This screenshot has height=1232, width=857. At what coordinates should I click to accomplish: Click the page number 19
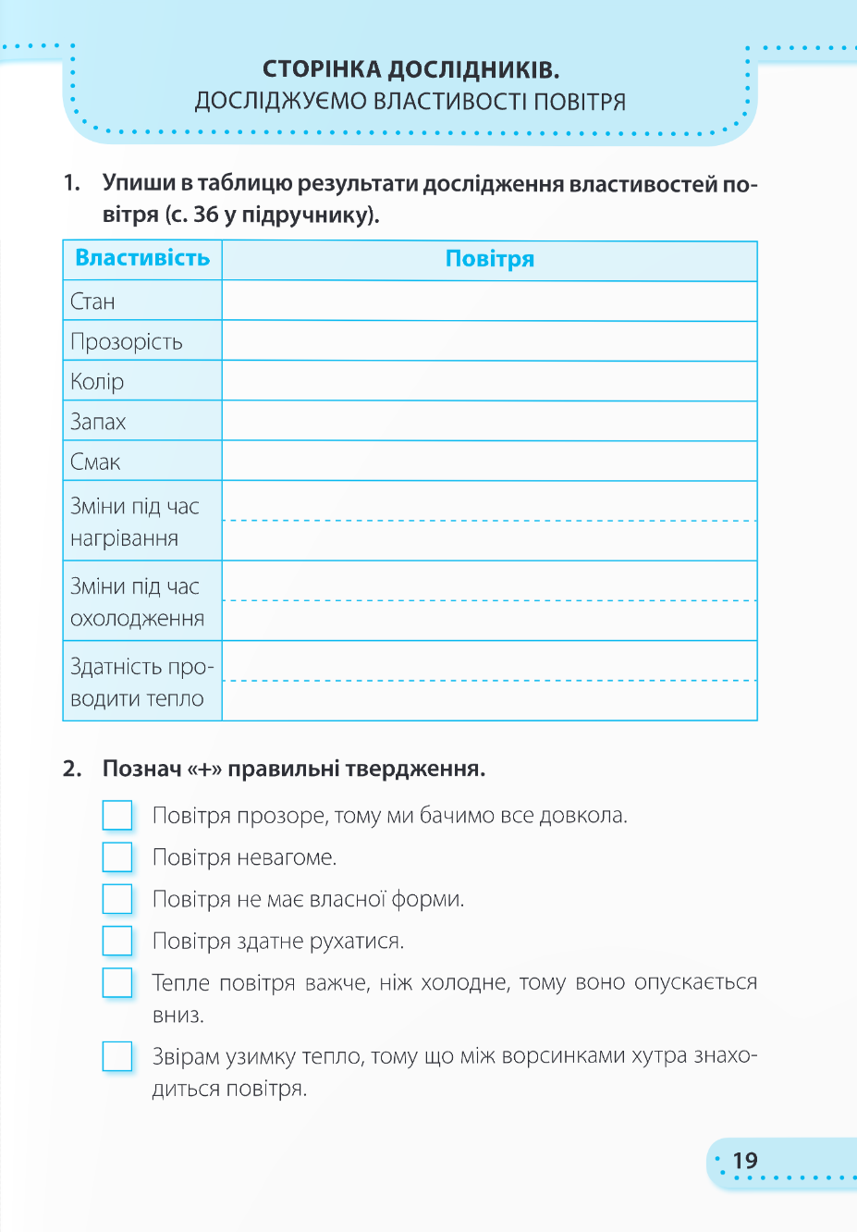click(745, 1161)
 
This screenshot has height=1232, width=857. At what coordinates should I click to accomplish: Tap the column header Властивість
click(142, 258)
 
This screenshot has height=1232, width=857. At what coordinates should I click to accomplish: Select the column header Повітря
click(490, 259)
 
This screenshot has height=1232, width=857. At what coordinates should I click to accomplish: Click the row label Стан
click(92, 302)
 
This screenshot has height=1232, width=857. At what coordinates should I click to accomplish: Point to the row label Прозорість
click(127, 341)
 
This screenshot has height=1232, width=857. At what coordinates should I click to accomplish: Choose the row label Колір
click(97, 381)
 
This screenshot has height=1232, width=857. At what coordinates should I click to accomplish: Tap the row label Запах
click(98, 422)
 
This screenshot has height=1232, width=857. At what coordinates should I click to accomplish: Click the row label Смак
click(95, 462)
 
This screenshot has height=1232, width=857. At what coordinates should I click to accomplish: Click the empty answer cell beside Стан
click(490, 302)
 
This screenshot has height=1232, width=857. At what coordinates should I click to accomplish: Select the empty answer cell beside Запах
click(490, 422)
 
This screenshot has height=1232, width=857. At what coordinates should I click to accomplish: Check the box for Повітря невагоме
click(117, 856)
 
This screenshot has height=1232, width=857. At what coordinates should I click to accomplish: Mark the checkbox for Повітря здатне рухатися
click(117, 940)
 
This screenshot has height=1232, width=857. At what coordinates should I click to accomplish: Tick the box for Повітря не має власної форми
click(117, 898)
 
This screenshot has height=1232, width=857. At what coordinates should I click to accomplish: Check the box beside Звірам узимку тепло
click(117, 1055)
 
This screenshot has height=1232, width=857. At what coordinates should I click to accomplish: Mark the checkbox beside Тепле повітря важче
click(117, 981)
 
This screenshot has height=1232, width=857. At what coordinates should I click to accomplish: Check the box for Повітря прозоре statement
click(117, 815)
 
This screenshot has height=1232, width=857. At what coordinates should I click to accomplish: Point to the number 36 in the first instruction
click(206, 215)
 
